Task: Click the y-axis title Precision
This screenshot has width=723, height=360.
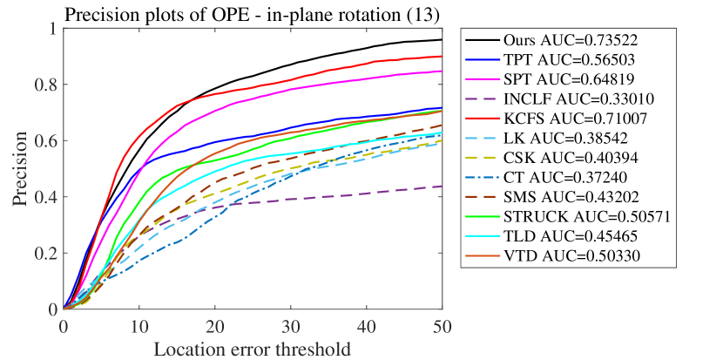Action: click(18, 168)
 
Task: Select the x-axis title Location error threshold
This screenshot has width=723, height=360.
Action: click(252, 350)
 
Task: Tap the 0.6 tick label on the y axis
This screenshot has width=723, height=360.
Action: click(47, 140)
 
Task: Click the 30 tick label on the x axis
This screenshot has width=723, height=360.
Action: click(291, 325)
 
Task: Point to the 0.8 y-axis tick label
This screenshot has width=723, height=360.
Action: click(47, 85)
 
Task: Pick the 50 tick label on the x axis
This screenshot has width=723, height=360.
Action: click(442, 325)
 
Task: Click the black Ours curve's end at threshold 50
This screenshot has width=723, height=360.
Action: click(442, 40)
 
